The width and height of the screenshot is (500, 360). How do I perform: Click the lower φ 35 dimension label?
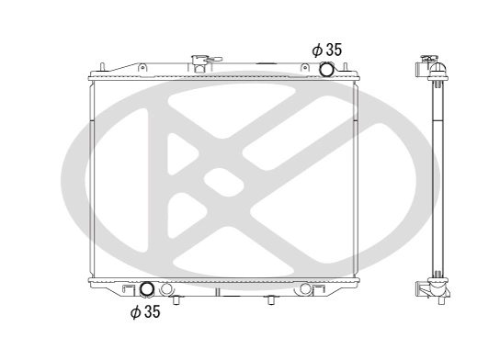[x=144, y=312]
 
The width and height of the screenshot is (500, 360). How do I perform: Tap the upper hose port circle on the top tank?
[x=325, y=71]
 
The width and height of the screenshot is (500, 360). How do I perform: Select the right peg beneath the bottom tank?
[x=270, y=299]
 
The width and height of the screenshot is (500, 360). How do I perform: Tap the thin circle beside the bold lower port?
[x=165, y=290]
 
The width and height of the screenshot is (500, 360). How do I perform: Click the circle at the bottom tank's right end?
[x=305, y=289]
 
